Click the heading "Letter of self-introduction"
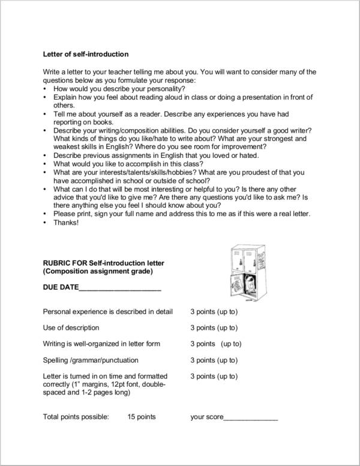pos(86,54)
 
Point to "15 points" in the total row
pos(142,416)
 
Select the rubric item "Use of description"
pos(71,328)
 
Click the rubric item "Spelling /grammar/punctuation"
pos(91,360)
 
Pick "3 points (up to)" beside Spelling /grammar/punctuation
pos(214,360)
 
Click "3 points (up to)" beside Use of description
pos(214,328)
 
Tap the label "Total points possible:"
pos(76,416)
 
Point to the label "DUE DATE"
pos(61,288)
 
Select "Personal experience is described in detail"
pos(108,312)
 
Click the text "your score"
pos(207,416)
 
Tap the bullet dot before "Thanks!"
pos(46,223)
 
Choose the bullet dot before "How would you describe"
pos(46,88)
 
